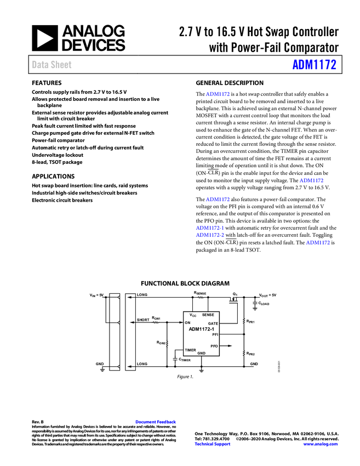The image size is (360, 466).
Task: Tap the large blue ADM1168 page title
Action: click(x=314, y=65)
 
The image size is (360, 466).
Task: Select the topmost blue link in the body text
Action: click(x=218, y=94)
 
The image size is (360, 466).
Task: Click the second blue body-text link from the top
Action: click(x=312, y=181)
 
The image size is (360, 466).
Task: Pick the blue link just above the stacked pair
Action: click(x=218, y=199)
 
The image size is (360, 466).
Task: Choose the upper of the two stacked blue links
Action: click(x=209, y=228)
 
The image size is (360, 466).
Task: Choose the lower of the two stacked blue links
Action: click(x=209, y=235)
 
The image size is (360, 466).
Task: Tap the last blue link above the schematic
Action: click(x=318, y=242)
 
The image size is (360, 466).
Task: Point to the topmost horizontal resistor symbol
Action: click(x=201, y=298)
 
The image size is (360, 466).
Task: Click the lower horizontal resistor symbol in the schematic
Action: click(x=156, y=322)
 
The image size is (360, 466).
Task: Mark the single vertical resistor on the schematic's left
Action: click(x=168, y=344)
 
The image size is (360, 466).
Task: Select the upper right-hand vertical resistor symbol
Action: click(x=244, y=321)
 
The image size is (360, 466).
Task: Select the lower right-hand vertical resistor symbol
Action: click(x=244, y=353)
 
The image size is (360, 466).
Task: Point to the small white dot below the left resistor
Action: click(x=175, y=360)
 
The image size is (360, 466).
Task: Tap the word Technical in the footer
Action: click(x=205, y=444)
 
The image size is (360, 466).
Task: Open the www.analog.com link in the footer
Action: click(x=321, y=444)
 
